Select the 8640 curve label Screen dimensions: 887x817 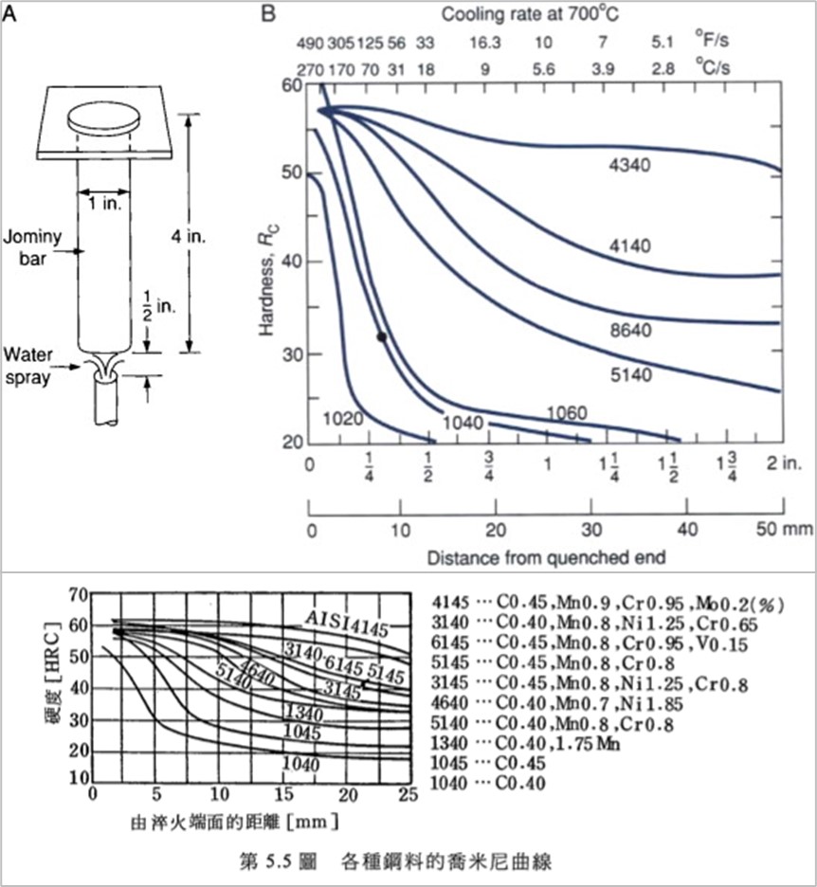(630, 332)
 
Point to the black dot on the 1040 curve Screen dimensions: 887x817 (381, 336)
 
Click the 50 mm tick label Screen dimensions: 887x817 (789, 528)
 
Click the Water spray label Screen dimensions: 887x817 (27, 364)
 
